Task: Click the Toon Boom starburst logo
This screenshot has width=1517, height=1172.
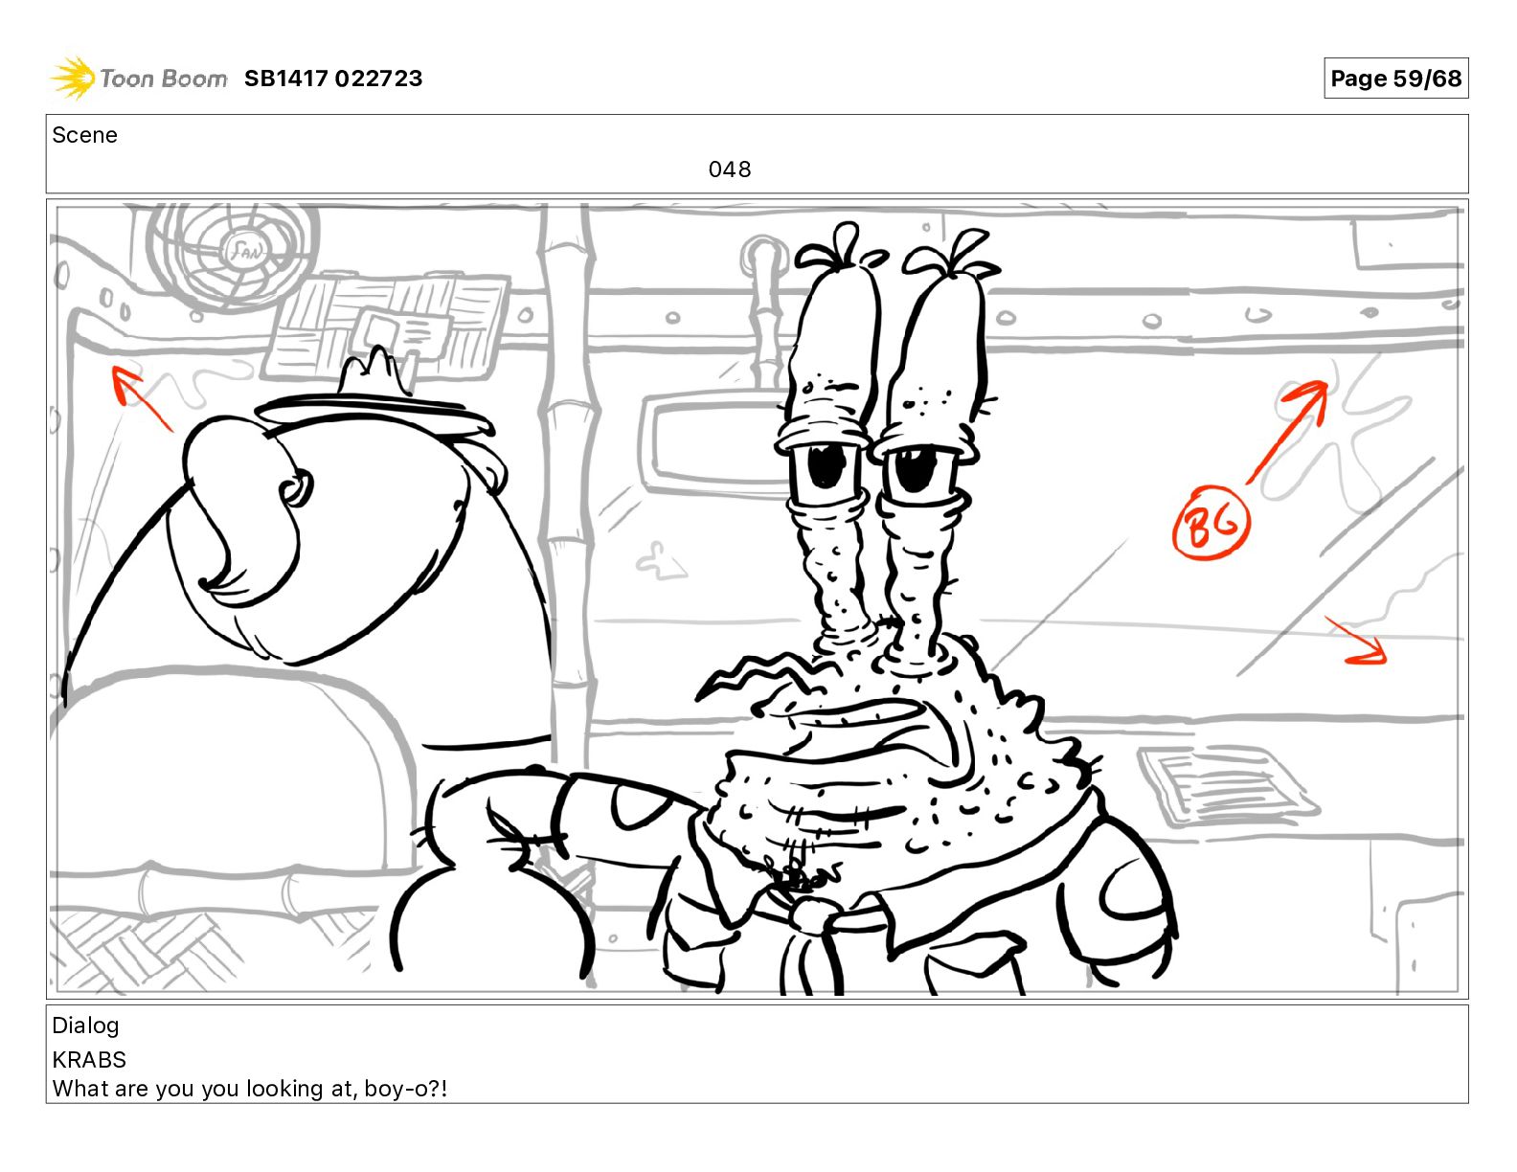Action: tap(73, 78)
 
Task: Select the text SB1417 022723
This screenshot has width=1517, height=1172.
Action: tap(333, 79)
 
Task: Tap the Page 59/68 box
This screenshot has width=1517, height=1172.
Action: tap(1395, 79)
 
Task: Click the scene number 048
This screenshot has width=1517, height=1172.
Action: tap(730, 169)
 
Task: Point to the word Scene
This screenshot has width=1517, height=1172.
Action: tap(84, 135)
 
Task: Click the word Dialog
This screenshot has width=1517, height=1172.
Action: tap(85, 1025)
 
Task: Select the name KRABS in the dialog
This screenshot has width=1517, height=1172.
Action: tap(89, 1060)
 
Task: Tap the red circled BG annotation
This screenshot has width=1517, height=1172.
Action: tap(1211, 523)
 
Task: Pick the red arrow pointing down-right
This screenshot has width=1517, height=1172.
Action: tap(1356, 641)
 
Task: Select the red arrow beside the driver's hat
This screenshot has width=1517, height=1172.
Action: tap(142, 398)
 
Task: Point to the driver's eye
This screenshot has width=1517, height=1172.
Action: tap(296, 488)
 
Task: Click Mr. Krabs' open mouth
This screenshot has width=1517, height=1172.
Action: tap(866, 732)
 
